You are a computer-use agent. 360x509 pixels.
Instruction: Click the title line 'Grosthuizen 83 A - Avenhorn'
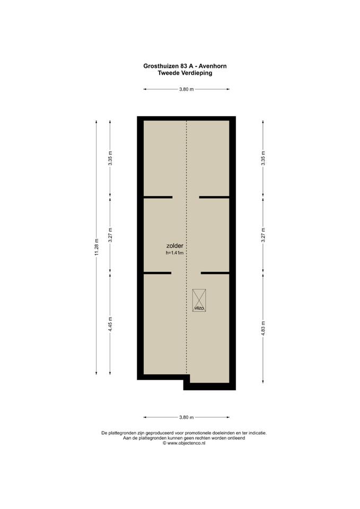(x=185, y=66)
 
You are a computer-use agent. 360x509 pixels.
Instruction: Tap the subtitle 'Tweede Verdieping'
(x=185, y=73)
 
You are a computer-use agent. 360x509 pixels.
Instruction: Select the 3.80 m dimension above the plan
(x=186, y=89)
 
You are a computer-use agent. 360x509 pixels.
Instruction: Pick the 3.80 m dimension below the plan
(x=186, y=417)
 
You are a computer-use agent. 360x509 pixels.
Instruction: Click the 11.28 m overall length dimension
(x=96, y=247)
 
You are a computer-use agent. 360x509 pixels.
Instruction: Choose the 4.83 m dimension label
(x=264, y=329)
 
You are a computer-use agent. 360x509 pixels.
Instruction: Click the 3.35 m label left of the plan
(x=110, y=158)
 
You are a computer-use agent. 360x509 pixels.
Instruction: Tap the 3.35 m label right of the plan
(x=264, y=158)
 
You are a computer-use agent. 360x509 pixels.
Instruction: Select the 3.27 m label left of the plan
(x=110, y=235)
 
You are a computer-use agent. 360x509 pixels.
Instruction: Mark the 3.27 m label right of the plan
(x=264, y=235)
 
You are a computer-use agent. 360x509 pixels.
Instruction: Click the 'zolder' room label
(x=174, y=246)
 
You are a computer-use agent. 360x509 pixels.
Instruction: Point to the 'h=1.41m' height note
(x=174, y=253)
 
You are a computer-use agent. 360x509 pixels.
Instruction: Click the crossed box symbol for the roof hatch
(x=199, y=300)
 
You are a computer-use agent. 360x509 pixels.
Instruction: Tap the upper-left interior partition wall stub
(x=158, y=197)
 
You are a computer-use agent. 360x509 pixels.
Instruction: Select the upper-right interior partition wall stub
(x=214, y=197)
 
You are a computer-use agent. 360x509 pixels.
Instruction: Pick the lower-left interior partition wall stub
(x=157, y=273)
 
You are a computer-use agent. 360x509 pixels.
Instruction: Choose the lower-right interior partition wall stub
(x=215, y=273)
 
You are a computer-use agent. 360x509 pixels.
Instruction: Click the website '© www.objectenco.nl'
(x=184, y=443)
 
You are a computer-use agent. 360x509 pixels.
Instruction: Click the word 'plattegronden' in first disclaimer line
(x=120, y=433)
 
